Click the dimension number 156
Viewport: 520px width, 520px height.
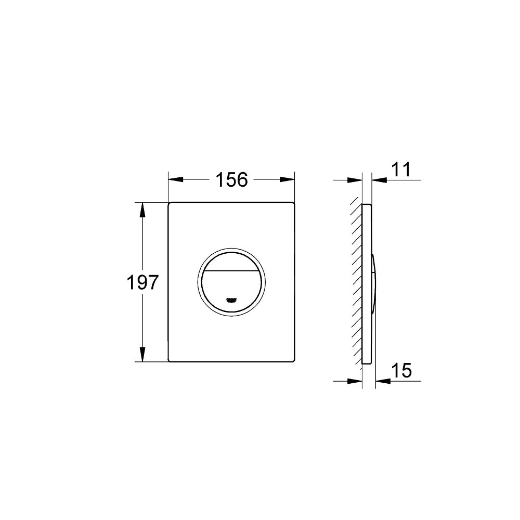tap(231, 180)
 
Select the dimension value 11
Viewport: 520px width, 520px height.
tap(400, 170)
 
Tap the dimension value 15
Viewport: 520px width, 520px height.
tap(401, 371)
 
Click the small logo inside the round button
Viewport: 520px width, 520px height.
tap(232, 300)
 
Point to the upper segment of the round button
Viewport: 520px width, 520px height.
tap(232, 264)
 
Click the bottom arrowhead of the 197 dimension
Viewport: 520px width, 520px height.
tap(141, 355)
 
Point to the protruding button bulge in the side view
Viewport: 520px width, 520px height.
tap(374, 283)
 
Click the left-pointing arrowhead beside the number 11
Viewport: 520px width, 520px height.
tap(379, 180)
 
